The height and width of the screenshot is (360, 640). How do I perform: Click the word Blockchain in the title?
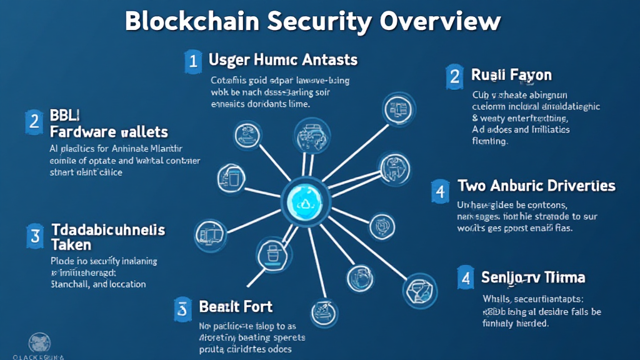coord(191,21)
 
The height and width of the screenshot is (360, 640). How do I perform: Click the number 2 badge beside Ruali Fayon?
coord(454,76)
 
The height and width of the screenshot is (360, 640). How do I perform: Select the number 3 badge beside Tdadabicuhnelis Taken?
coord(35,236)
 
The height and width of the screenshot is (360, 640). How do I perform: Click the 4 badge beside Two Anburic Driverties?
coord(441,191)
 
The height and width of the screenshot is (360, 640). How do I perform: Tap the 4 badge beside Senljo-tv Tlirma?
coord(464,278)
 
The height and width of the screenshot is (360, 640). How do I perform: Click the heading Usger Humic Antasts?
coord(282,60)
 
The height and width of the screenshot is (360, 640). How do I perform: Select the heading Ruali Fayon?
coord(511,76)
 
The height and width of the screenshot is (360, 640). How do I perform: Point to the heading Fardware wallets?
coord(108,132)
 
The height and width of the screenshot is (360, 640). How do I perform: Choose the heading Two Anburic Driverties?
coord(536,186)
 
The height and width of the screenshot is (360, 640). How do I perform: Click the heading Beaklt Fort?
coord(236,307)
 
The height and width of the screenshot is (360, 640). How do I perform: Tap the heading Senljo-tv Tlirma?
coord(533,277)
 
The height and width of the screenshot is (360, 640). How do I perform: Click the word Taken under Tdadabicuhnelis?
coord(71,244)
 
